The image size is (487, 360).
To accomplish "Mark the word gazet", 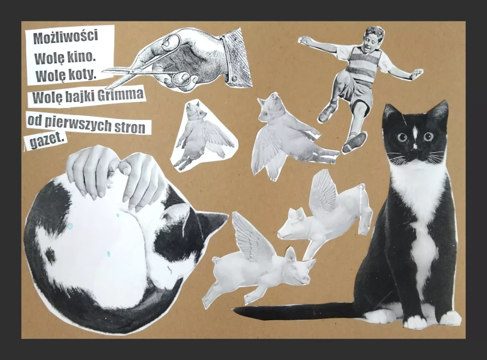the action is point(47,141).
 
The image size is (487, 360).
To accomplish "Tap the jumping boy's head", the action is point(373,38).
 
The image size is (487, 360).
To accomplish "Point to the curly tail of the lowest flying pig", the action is point(215,259).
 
